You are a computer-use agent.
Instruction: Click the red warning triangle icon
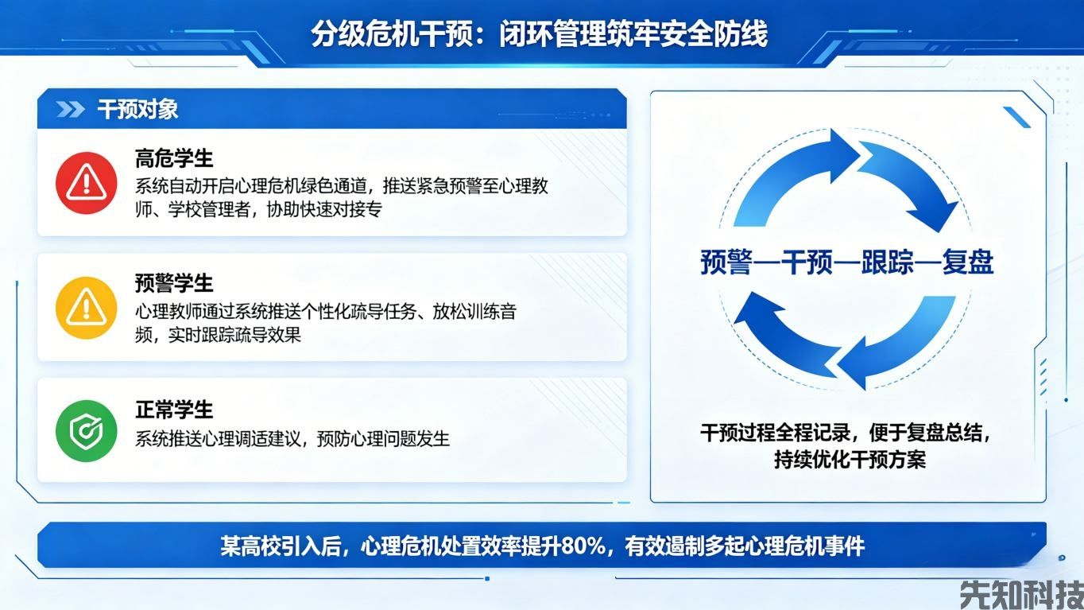point(86,183)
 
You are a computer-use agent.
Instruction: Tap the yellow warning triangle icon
point(86,308)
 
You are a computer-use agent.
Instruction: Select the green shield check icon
point(86,432)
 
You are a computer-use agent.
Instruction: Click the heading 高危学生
point(174,159)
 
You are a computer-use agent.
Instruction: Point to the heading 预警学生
point(174,283)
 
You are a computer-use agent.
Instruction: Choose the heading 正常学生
point(174,410)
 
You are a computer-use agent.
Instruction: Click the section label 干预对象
point(137,110)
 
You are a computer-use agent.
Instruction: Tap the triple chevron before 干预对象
point(70,110)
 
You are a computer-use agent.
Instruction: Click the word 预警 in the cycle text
point(726,262)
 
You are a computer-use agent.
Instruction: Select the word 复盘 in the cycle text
point(967,262)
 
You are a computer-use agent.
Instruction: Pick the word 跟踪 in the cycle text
point(888,262)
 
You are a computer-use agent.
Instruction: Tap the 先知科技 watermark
point(1020,593)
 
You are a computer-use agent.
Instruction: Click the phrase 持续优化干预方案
point(850,460)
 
